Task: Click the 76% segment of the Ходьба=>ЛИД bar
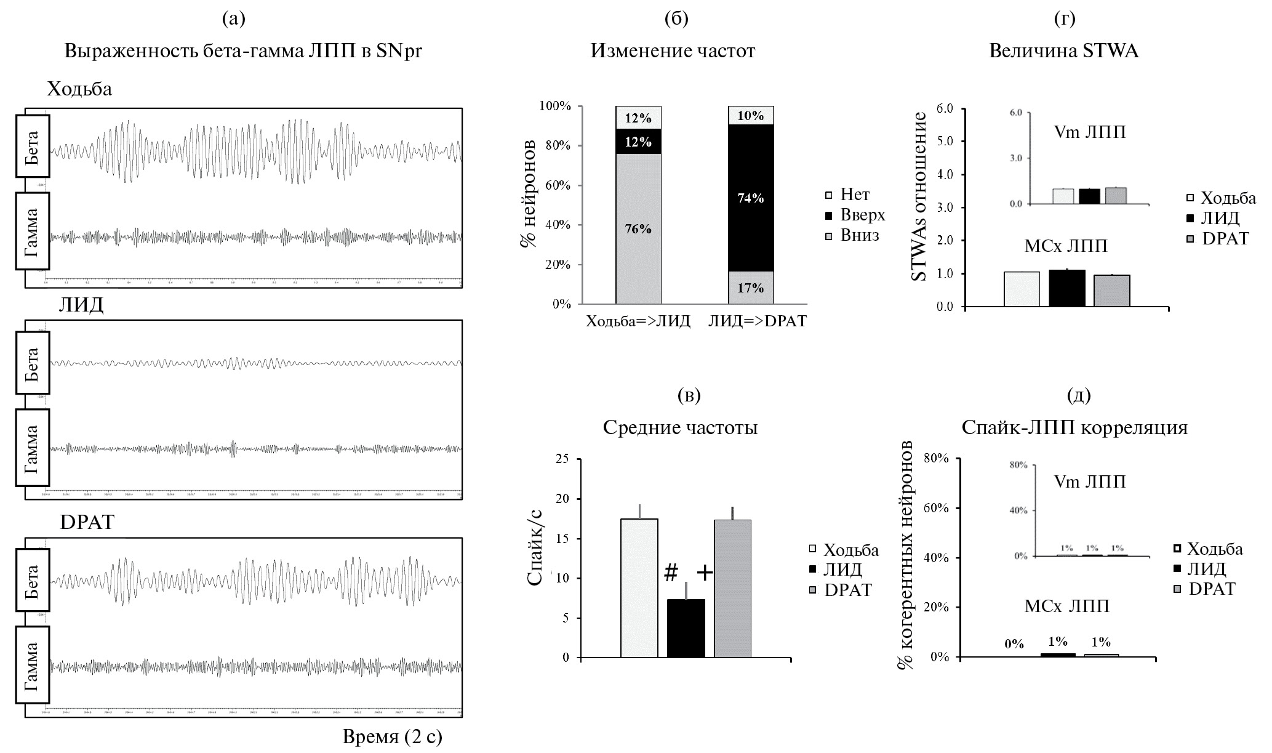(638, 228)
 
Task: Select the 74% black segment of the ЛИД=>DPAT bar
(751, 198)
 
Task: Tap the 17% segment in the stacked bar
(751, 288)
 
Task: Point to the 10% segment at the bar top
(751, 116)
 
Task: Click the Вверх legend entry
(855, 215)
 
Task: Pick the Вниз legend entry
(853, 235)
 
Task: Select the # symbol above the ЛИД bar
(671, 573)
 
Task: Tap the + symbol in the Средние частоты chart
(705, 573)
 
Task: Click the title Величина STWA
(1063, 50)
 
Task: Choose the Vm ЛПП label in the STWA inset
(1089, 132)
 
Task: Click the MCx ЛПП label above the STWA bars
(1066, 246)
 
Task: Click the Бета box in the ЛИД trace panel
(33, 363)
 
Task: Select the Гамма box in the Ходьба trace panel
(33, 231)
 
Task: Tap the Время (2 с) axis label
(392, 736)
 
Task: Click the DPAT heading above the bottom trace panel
(87, 522)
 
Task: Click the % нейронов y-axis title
(528, 193)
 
